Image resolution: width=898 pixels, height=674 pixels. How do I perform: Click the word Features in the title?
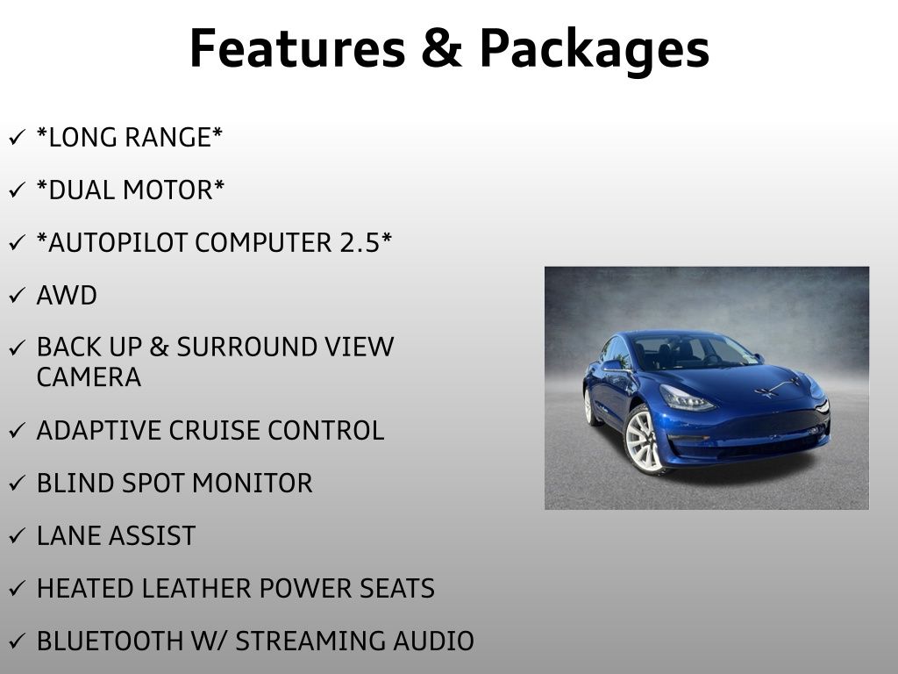(x=296, y=48)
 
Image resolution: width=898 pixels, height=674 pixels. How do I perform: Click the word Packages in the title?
(x=594, y=50)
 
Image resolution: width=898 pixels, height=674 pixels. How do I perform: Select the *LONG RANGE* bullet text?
(x=130, y=138)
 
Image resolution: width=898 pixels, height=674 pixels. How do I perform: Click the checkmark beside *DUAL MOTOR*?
(x=17, y=190)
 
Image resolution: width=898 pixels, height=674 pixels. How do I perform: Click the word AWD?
(x=67, y=296)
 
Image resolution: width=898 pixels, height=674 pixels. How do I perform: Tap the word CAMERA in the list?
(x=89, y=377)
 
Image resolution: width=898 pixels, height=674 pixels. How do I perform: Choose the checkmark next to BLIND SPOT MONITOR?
(x=17, y=484)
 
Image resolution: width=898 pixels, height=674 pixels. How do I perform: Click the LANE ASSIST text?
(x=116, y=536)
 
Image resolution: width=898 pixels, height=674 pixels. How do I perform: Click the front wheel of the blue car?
(x=643, y=440)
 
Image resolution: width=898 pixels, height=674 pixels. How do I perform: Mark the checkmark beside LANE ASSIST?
(x=17, y=536)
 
